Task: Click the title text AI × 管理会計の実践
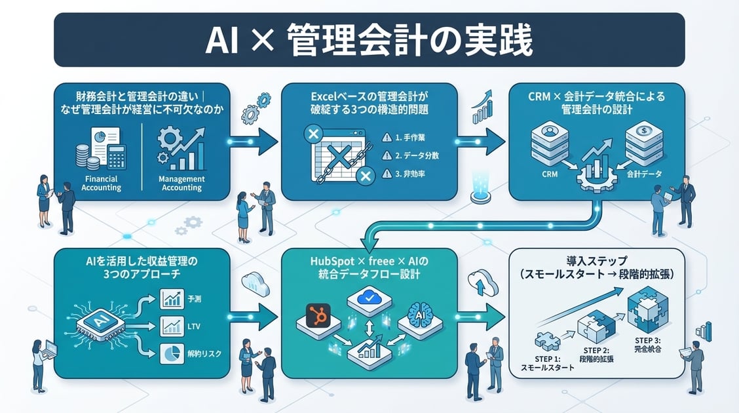coord(369,41)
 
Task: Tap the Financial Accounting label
coord(101,184)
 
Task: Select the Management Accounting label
coord(181,184)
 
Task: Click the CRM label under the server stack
coord(550,175)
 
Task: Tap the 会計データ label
coord(645,175)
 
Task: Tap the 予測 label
coord(196,300)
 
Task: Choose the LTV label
coord(195,326)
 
